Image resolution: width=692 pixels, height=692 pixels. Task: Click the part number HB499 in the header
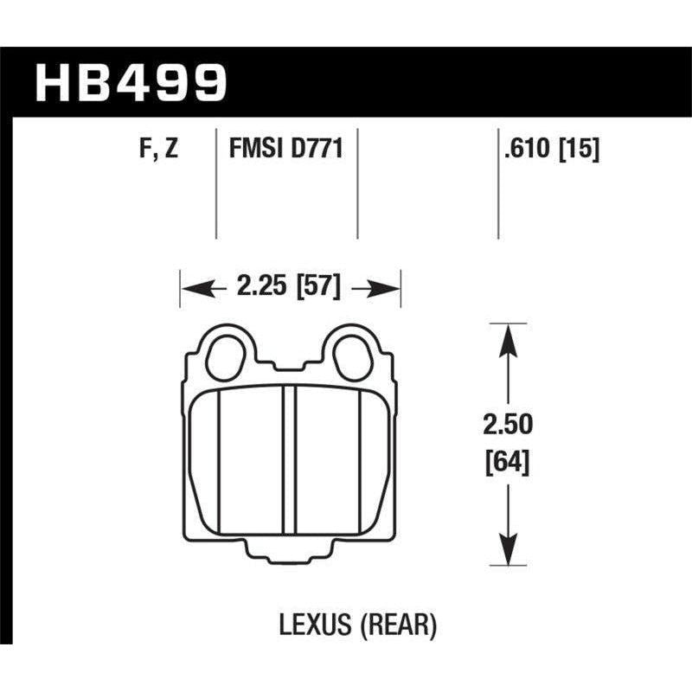tap(130, 82)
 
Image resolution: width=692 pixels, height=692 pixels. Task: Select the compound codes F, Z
tap(160, 150)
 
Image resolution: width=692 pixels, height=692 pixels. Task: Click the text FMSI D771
tap(286, 150)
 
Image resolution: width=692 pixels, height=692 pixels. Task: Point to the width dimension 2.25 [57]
tap(290, 285)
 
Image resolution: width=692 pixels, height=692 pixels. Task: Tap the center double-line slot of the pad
tap(290, 458)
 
